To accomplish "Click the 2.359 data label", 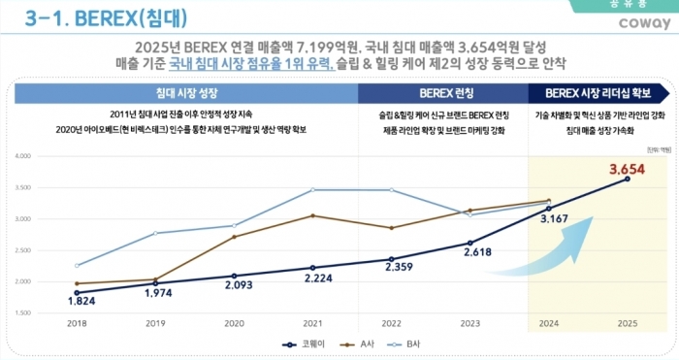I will pyautogui.click(x=391, y=267).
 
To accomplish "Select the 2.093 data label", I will pyautogui.click(x=234, y=285).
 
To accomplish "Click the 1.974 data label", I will pyautogui.click(x=155, y=293).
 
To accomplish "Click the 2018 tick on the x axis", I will pyautogui.click(x=76, y=324).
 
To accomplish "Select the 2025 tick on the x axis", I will pyautogui.click(x=628, y=324).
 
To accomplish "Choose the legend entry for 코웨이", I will pyautogui.click(x=304, y=344).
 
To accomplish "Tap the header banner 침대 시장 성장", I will pyautogui.click(x=184, y=93).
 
